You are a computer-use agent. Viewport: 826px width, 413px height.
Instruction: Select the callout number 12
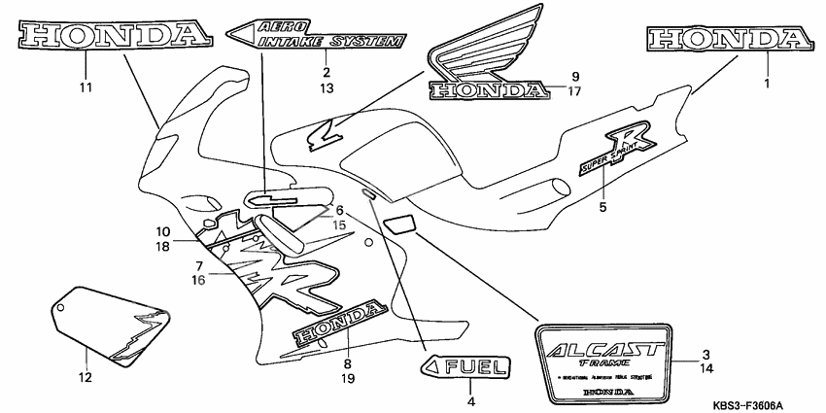[85, 377]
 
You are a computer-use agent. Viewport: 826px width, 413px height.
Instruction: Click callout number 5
[603, 206]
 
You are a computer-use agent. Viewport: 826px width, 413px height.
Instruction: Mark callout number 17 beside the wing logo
[574, 93]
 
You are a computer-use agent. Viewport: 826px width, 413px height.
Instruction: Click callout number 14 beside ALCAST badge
[706, 370]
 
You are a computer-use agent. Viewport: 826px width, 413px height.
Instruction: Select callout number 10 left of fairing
[163, 231]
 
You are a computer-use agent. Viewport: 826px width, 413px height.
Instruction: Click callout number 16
[197, 279]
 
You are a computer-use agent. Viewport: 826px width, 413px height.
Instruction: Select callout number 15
[339, 225]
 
